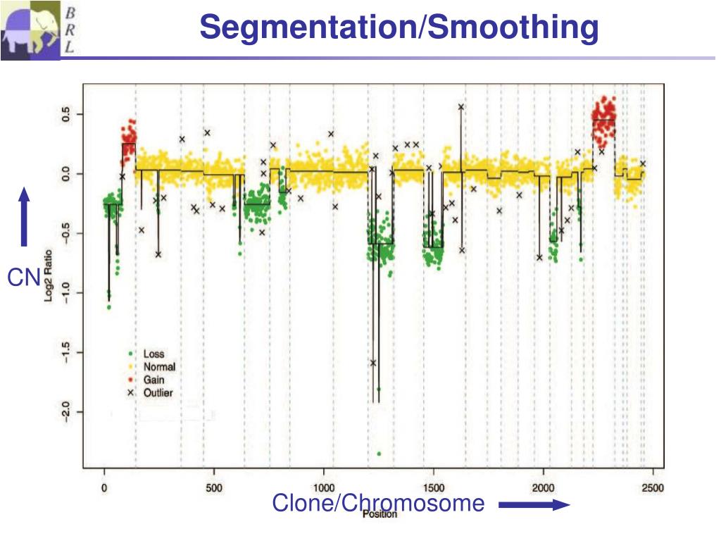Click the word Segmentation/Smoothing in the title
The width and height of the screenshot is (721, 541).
[399, 27]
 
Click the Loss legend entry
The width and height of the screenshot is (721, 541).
[153, 354]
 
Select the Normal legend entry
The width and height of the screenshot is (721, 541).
[159, 367]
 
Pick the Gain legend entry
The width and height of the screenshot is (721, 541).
[153, 380]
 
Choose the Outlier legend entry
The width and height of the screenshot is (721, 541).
[158, 393]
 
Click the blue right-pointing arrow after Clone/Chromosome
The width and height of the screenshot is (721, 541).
[534, 504]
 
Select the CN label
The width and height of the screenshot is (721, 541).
[23, 279]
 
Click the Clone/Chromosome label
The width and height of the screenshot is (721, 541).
[378, 503]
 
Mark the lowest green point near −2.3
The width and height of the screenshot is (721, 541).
[379, 454]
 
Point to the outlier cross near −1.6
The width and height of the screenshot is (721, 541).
[373, 363]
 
